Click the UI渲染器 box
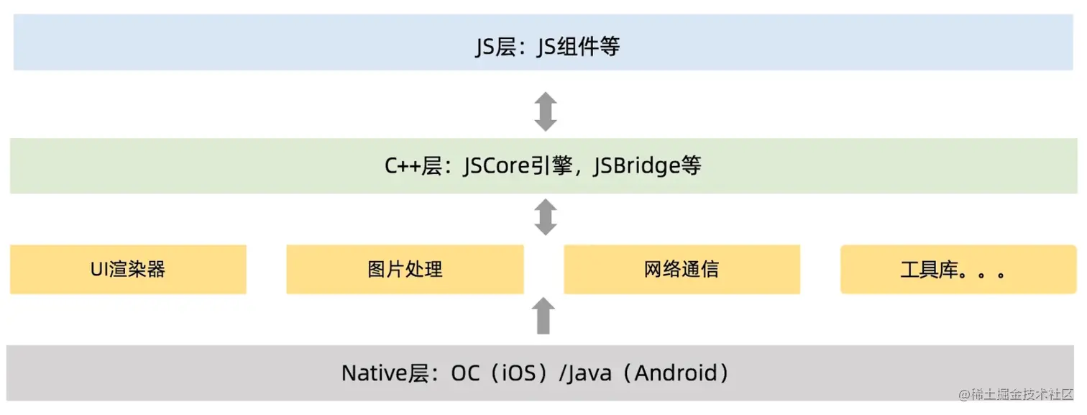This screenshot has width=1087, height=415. [128, 270]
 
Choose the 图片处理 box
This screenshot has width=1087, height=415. [405, 270]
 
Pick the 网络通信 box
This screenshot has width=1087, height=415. [682, 270]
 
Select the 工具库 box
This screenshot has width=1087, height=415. [958, 270]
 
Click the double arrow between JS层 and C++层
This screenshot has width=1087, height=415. [546, 111]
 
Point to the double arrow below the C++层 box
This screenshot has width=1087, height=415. [546, 218]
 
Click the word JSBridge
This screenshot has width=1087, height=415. [636, 166]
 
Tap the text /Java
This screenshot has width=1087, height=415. [584, 373]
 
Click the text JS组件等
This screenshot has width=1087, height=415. [578, 47]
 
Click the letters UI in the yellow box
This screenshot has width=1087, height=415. [99, 270]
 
